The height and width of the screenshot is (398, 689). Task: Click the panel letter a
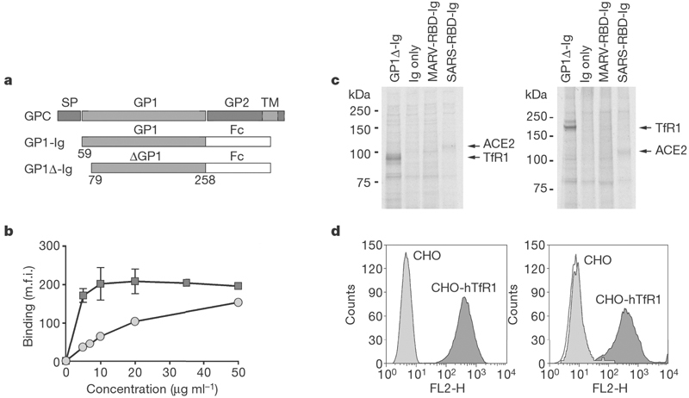tap(9, 82)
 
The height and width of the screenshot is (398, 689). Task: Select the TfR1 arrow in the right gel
tap(652, 127)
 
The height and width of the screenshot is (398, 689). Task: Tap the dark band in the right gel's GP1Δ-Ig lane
tap(569, 127)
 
